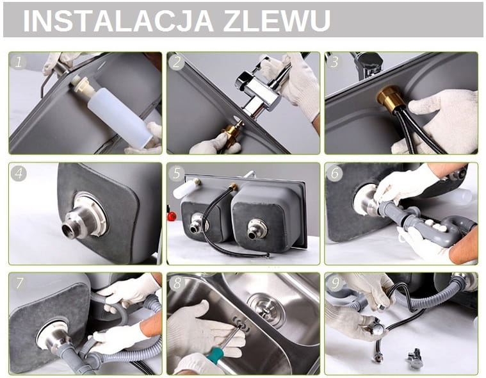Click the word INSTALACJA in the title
[118, 21]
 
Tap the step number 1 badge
[18, 62]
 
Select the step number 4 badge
[19, 173]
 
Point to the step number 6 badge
[335, 173]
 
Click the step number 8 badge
[177, 283]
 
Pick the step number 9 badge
[335, 283]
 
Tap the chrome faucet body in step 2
[259, 90]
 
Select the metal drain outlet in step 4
[82, 218]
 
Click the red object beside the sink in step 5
[172, 216]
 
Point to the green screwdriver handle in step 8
[216, 356]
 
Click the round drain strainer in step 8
[266, 309]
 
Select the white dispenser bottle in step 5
[185, 189]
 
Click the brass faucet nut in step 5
[232, 187]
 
